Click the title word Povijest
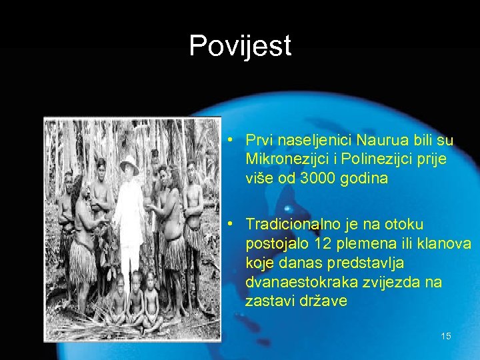tap(240, 46)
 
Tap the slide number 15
tap(446, 336)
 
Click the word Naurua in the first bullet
tap(378, 141)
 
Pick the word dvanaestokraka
tap(301, 282)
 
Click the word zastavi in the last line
tap(269, 301)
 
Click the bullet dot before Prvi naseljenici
tap(229, 141)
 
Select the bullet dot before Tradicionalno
tap(229, 225)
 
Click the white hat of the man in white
tap(129, 164)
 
